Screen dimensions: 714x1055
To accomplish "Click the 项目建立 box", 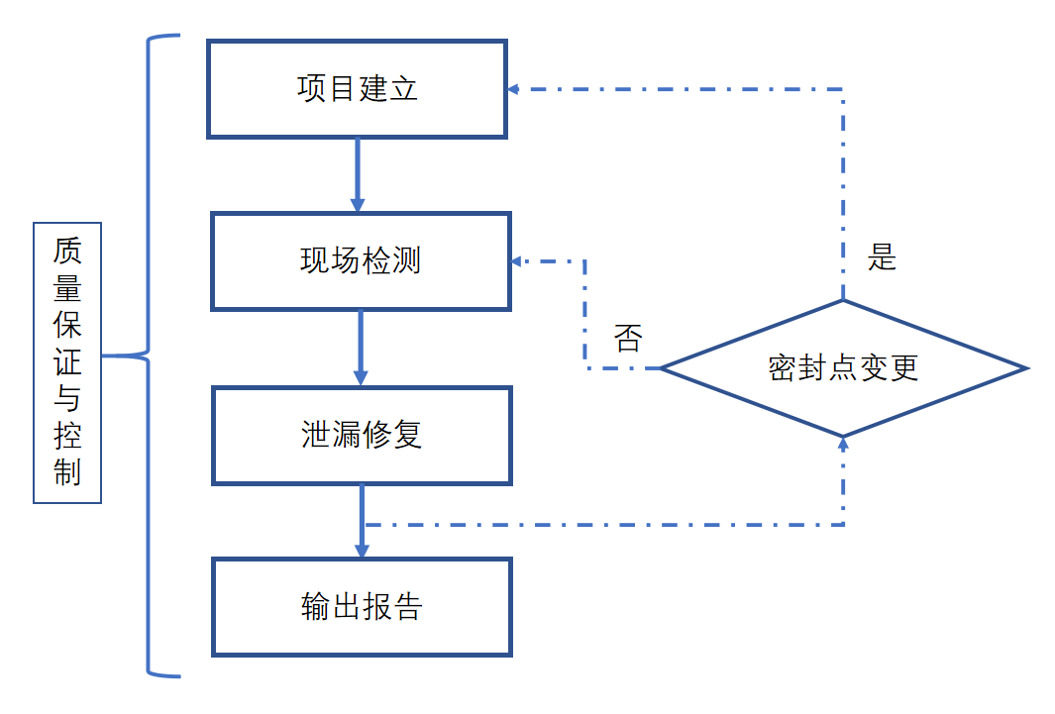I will coord(357,89).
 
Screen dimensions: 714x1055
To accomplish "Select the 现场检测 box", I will coord(361,261).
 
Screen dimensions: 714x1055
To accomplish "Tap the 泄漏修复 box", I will coord(362,436).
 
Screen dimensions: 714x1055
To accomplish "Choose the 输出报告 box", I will coord(362,607).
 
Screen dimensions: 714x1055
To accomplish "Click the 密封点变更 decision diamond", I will coord(843,368).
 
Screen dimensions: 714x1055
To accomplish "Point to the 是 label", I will coord(882,257).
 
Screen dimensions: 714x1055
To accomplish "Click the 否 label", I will coord(627,338).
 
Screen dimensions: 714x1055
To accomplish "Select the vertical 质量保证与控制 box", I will coord(67,361).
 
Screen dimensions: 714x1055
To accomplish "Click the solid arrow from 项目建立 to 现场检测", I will coord(358,174).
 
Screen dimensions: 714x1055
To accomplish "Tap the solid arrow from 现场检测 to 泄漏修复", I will coord(361,349).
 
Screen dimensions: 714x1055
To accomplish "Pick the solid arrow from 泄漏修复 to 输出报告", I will coord(362,521).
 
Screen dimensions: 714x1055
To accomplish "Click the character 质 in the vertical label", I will coord(67,249).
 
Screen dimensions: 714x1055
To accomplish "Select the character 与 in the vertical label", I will coord(67,398).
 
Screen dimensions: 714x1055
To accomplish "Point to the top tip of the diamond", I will coord(843,301).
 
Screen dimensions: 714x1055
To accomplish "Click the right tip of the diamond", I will coord(1026,368).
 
